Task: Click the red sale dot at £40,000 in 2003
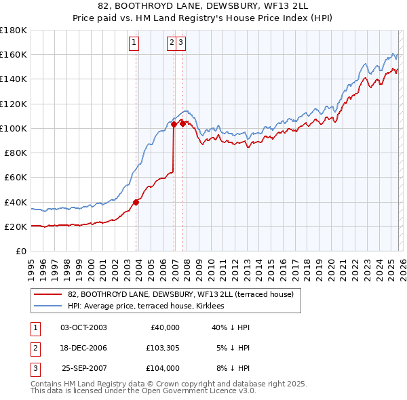(136, 201)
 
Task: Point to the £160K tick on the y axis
(14, 55)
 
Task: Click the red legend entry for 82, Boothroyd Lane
(180, 294)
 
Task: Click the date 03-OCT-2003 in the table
(83, 327)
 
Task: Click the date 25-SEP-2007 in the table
(83, 368)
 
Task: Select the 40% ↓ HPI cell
(231, 327)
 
